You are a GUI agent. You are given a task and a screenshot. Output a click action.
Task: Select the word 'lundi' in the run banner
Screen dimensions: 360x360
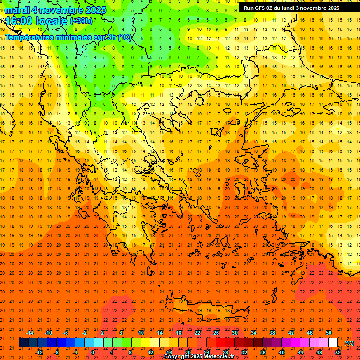click(x=292, y=8)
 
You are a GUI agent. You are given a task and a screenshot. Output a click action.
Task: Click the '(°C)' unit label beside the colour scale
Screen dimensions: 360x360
click(x=349, y=343)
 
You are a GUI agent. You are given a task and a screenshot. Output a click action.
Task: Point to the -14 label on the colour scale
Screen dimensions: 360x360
click(x=30, y=332)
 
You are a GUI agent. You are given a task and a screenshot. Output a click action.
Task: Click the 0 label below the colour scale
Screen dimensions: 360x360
click(x=93, y=352)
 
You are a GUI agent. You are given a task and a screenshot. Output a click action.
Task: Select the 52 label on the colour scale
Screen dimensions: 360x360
click(x=338, y=352)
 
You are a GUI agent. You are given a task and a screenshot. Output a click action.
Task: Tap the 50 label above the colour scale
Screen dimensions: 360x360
click(x=329, y=332)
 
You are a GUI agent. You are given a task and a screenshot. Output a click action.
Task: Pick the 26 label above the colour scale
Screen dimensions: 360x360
click(x=216, y=332)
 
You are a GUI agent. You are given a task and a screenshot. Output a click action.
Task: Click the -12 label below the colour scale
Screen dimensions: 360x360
click(x=39, y=352)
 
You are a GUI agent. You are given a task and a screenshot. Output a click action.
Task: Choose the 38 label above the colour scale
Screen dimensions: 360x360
click(x=272, y=332)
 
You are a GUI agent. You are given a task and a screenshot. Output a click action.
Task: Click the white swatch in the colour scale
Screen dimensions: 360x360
click(x=333, y=343)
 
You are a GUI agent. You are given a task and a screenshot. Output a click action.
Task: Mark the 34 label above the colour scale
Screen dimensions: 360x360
click(x=254, y=332)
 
